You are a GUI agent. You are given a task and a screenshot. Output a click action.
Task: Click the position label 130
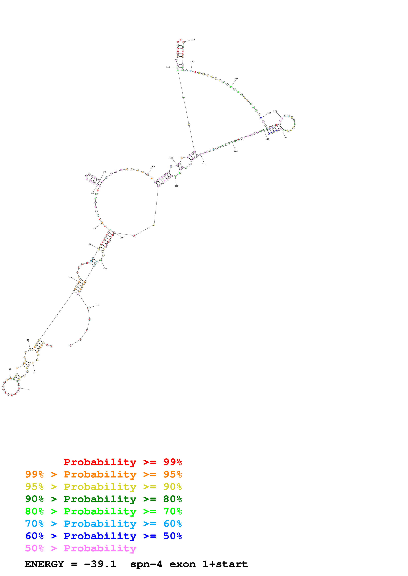click(193, 40)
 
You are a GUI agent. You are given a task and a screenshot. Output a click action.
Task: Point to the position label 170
click(275, 111)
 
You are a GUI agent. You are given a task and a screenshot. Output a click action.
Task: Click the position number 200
click(236, 151)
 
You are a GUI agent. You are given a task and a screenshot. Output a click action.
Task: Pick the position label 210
click(204, 164)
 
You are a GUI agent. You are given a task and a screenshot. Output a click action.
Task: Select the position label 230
click(122, 238)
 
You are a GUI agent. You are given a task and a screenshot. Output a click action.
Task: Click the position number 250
click(97, 305)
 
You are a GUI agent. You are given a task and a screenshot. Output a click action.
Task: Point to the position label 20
click(29, 390)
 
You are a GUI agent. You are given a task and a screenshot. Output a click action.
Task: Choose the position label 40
click(28, 340)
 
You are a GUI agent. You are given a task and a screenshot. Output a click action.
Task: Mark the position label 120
click(168, 67)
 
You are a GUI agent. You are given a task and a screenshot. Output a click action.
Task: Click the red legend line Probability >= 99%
click(123, 462)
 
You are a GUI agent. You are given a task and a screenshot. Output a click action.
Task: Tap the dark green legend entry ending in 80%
click(103, 499)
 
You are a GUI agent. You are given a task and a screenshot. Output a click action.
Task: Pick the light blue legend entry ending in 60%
click(103, 524)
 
